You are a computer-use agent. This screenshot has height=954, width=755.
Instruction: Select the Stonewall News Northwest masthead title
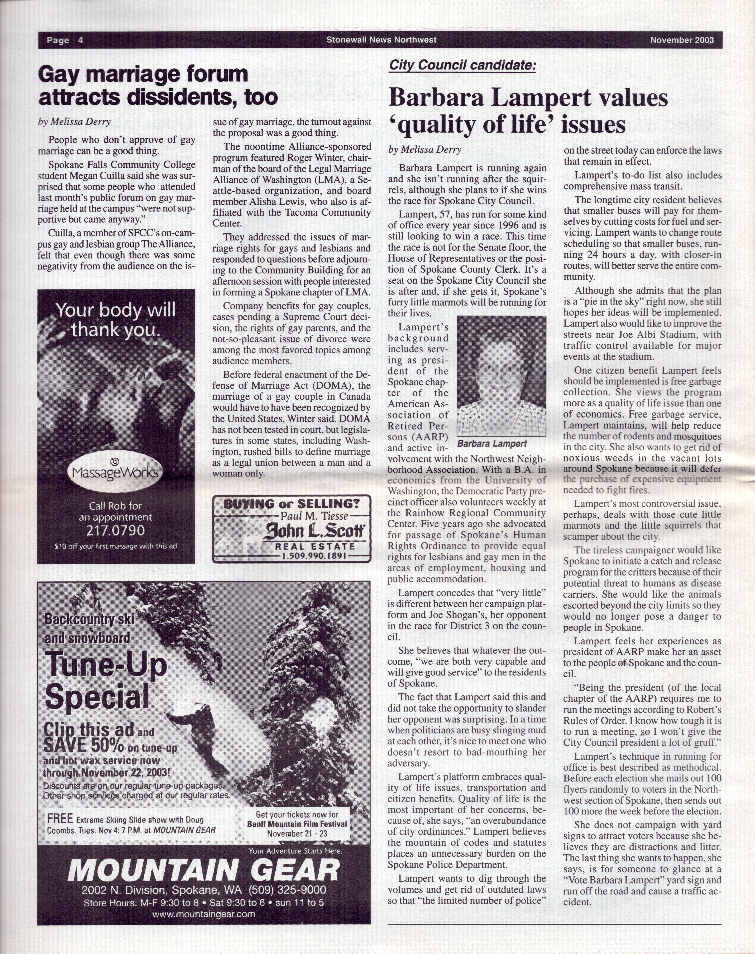(381, 40)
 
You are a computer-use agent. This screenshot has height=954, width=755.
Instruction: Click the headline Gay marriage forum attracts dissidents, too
(158, 86)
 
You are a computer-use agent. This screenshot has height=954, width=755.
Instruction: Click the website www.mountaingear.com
(204, 914)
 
